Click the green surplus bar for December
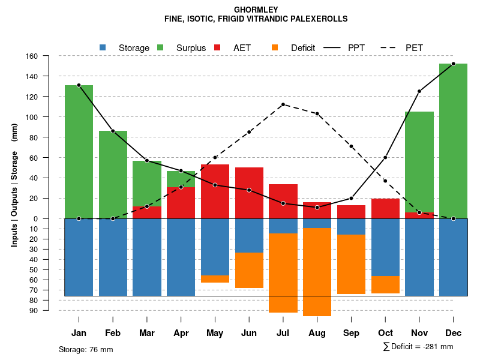coord(453,141)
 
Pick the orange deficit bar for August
coord(317,272)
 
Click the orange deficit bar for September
coord(351,264)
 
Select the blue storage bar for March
coord(147,257)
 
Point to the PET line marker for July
coord(283,104)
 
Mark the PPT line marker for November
coord(419,91)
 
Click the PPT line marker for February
coord(113,131)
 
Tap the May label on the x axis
coord(215,333)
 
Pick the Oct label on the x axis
coord(385,333)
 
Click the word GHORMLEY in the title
coord(256,10)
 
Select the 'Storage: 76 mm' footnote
coord(86,349)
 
